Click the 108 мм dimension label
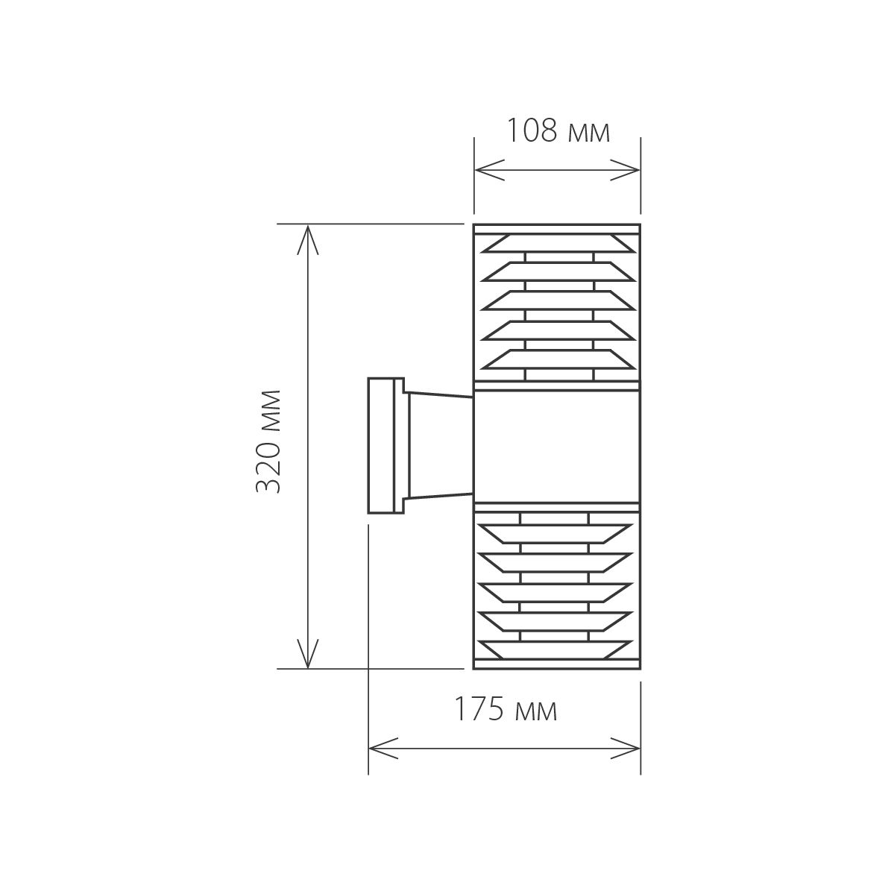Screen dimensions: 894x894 (558, 131)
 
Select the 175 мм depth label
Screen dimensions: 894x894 (506, 711)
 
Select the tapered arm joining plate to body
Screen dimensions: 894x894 (440, 445)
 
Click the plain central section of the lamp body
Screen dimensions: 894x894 (558, 445)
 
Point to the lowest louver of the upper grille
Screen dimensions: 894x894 (558, 359)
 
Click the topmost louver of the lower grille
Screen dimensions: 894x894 (558, 533)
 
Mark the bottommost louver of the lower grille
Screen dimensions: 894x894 (558, 650)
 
